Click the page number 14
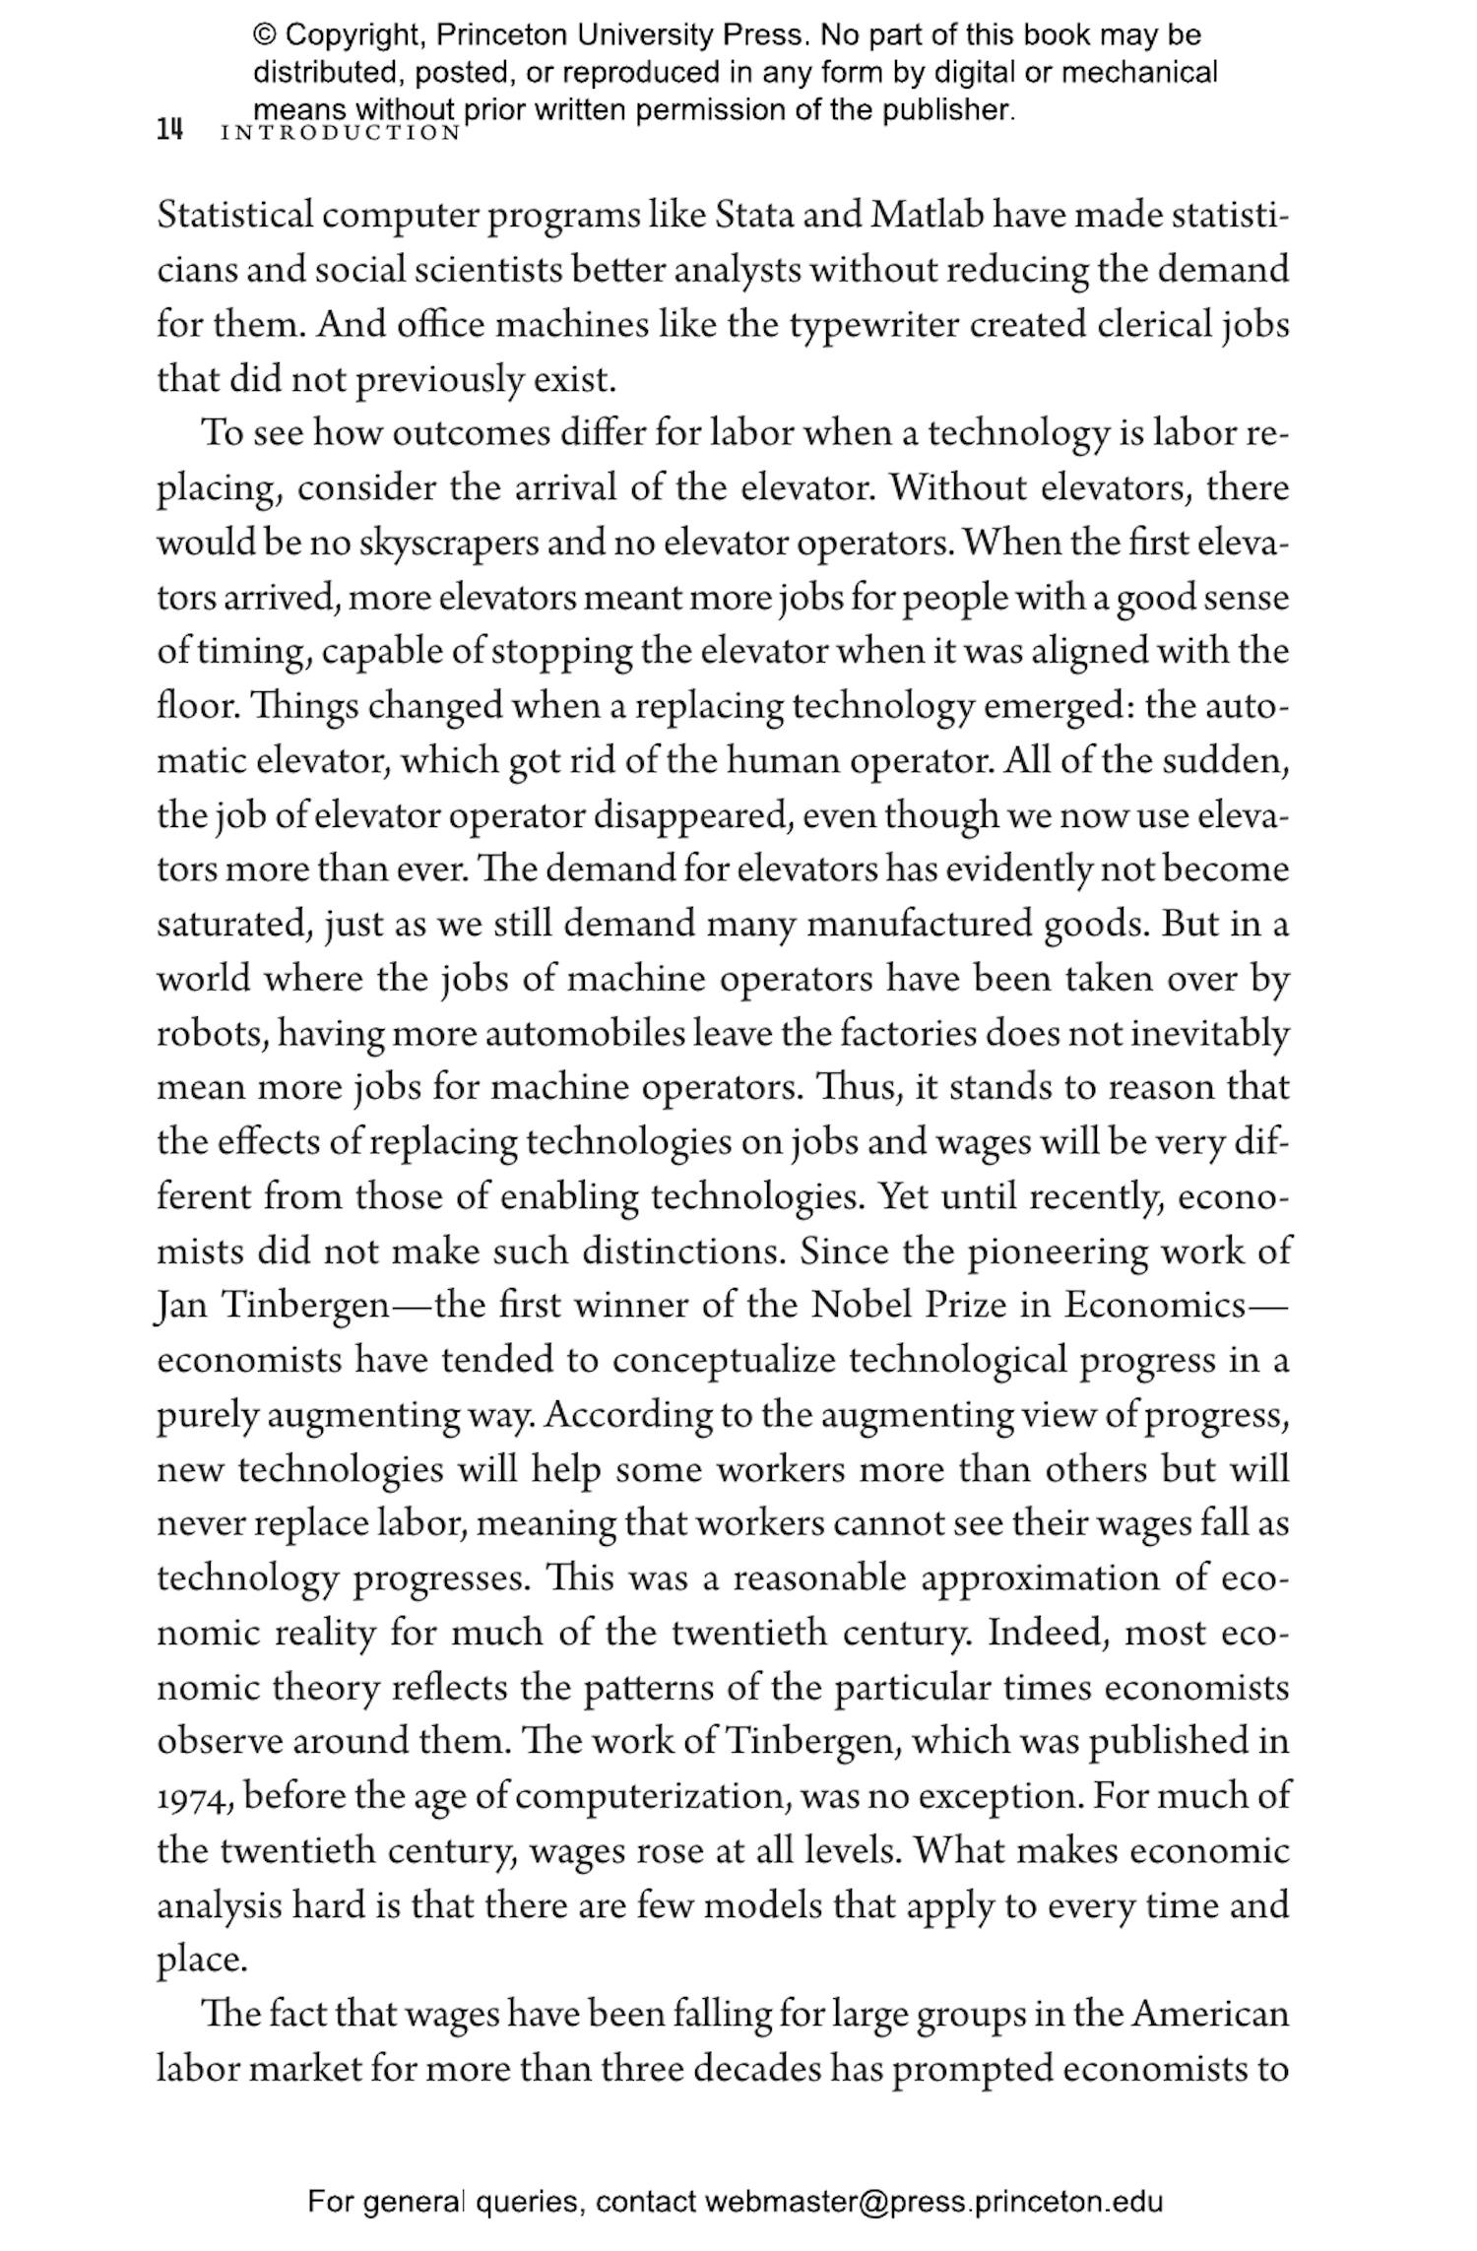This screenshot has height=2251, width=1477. tap(169, 130)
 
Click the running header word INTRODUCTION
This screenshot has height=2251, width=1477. tap(341, 133)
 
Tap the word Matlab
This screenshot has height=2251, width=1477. tap(927, 216)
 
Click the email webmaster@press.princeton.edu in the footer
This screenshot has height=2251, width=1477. tap(933, 2194)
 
